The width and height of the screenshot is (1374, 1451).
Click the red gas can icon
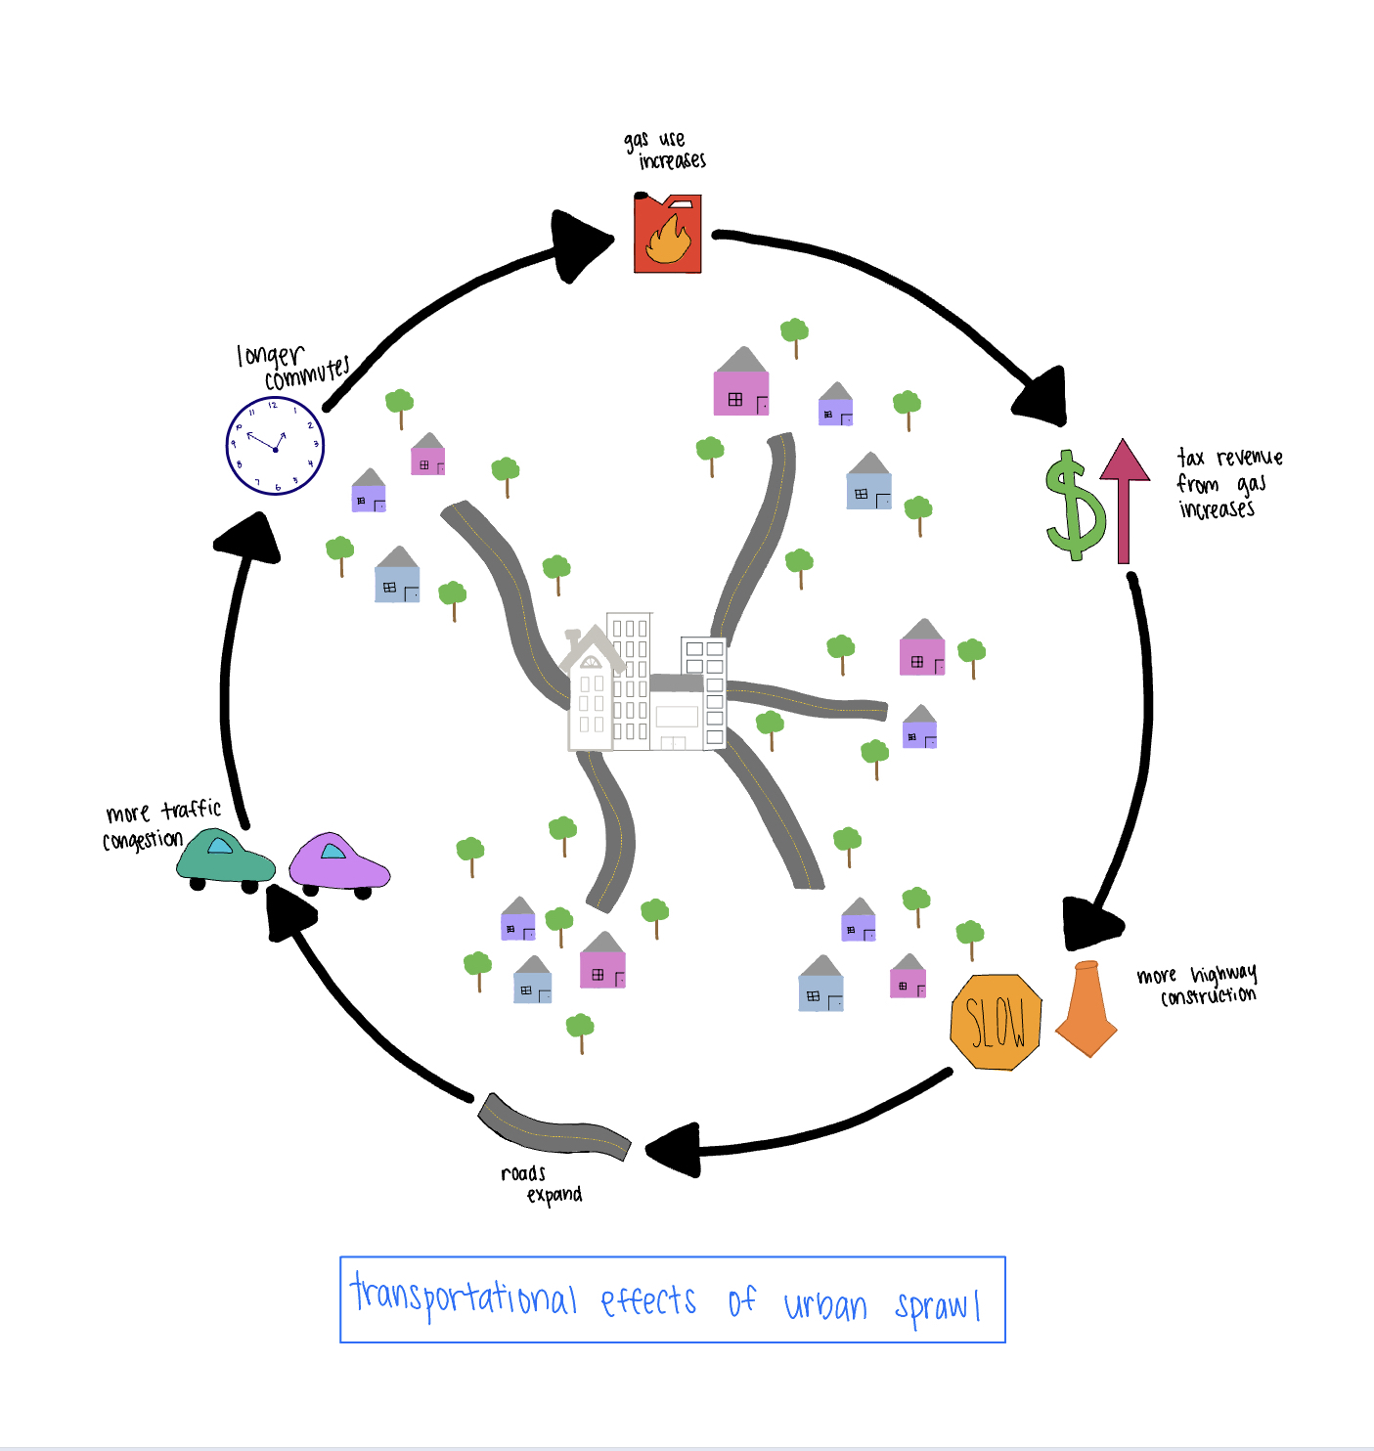click(668, 235)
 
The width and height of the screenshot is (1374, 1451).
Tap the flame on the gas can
click(669, 242)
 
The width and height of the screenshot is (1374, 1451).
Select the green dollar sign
click(1075, 505)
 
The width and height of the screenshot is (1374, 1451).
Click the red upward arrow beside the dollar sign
click(1124, 499)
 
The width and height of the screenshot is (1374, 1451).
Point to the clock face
click(275, 446)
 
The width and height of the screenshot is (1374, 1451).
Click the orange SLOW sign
click(996, 1022)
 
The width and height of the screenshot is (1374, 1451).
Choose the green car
click(225, 858)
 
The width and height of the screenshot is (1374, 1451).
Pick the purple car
click(338, 862)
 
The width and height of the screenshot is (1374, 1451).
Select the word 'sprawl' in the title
click(937, 1305)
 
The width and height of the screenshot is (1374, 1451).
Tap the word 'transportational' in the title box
click(464, 1297)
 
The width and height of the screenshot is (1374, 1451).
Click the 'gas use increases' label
click(665, 151)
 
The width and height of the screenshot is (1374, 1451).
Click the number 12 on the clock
click(273, 405)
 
